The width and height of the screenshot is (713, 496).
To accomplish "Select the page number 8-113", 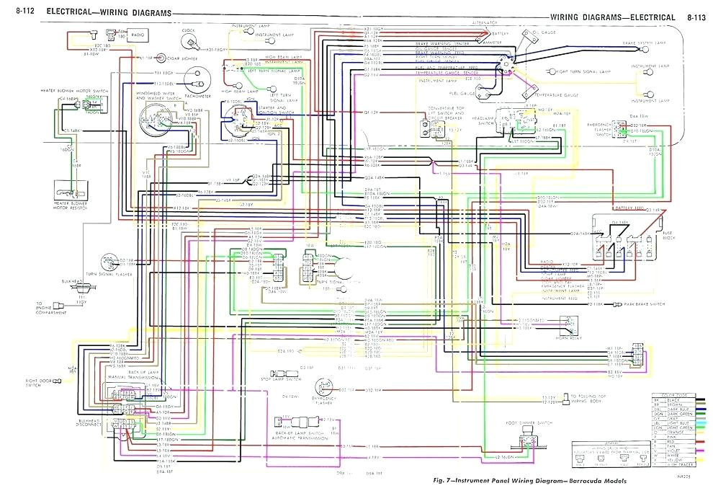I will point(696,17).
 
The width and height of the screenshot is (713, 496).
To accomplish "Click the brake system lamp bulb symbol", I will point(652,53).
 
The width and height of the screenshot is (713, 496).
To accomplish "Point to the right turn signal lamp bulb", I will point(548,72).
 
